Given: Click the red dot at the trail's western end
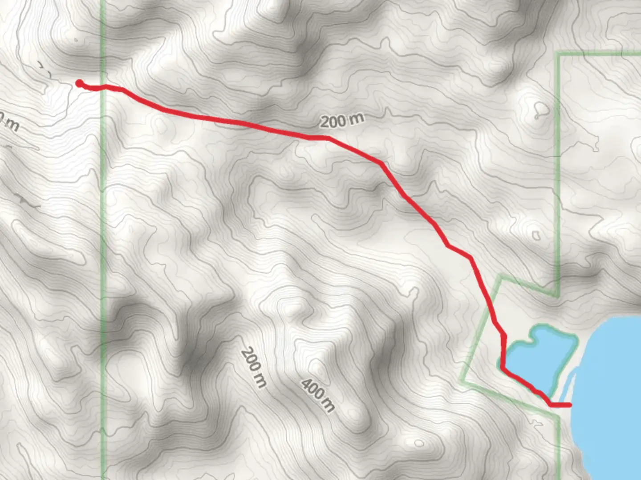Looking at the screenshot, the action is pyautogui.click(x=79, y=83).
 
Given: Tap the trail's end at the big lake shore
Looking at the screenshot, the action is pyautogui.click(x=569, y=404).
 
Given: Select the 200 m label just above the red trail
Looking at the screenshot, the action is pyautogui.click(x=342, y=120).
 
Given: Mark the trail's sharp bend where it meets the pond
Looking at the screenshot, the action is pyautogui.click(x=503, y=368).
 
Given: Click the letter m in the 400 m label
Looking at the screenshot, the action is pyautogui.click(x=329, y=405).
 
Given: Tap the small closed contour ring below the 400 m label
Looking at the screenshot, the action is pyautogui.click(x=419, y=443).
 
